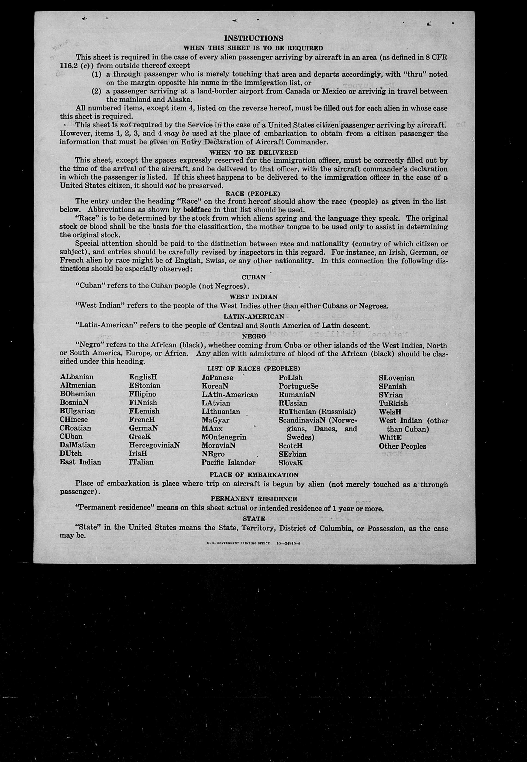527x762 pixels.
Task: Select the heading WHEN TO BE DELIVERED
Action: pyautogui.click(x=254, y=152)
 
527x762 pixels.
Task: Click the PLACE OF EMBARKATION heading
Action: pyautogui.click(x=254, y=475)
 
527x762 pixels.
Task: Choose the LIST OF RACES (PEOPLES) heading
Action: pyautogui.click(x=254, y=369)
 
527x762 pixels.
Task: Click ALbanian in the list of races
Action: pyautogui.click(x=77, y=377)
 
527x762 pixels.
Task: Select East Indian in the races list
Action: pyautogui.click(x=80, y=462)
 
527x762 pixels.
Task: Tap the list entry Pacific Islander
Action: pyautogui.click(x=228, y=462)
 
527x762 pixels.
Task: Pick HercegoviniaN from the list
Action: pyautogui.click(x=154, y=445)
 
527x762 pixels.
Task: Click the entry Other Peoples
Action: pyautogui.click(x=403, y=446)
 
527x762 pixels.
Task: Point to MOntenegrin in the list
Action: pyautogui.click(x=224, y=437)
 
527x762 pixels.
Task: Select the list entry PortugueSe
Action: pyautogui.click(x=299, y=386)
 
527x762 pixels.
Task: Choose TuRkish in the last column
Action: pyautogui.click(x=393, y=403)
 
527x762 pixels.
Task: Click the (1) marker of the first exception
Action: pyautogui.click(x=96, y=74)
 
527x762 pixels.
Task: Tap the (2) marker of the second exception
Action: pyautogui.click(x=96, y=91)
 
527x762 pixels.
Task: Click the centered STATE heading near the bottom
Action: pyautogui.click(x=254, y=519)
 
